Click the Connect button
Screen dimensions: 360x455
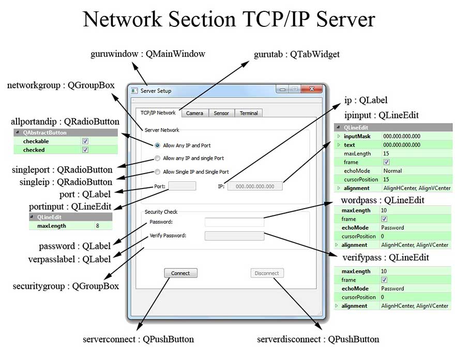(x=180, y=273)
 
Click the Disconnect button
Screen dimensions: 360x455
(x=267, y=273)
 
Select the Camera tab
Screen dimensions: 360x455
(x=194, y=113)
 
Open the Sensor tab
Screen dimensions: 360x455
(x=221, y=113)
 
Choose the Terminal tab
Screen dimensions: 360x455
(x=249, y=113)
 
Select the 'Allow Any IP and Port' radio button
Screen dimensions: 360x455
(x=158, y=146)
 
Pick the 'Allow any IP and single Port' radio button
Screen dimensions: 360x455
(x=158, y=159)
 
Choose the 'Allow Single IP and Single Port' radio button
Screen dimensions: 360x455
(x=158, y=172)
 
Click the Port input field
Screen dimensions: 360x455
(x=182, y=186)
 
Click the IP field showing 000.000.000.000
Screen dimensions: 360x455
(x=255, y=186)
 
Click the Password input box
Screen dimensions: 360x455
(x=234, y=222)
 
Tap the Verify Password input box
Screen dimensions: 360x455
(x=234, y=236)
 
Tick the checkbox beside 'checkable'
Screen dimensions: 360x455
(x=85, y=141)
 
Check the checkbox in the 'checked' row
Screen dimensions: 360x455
(x=85, y=150)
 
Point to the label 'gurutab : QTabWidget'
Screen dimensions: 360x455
(x=297, y=54)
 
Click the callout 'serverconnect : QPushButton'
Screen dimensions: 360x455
(x=138, y=339)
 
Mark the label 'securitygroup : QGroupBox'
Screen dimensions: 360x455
(x=66, y=286)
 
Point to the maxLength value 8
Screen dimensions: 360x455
(x=97, y=226)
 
